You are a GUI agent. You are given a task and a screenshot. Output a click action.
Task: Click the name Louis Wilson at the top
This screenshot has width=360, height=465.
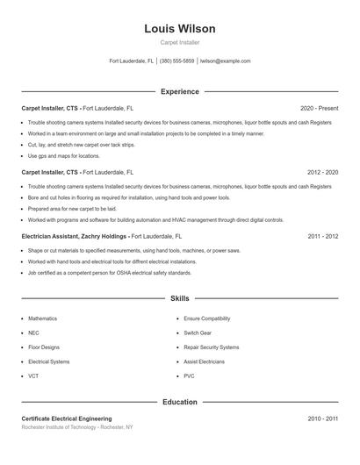(180, 29)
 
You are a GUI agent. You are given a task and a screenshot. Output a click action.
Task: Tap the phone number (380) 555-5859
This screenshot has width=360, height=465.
(177, 61)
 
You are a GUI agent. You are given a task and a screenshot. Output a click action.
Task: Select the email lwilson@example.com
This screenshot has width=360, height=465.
(225, 61)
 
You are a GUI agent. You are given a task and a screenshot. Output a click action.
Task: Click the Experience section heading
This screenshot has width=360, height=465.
(180, 91)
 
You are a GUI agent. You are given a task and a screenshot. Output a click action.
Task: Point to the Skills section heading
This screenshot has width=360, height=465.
(180, 299)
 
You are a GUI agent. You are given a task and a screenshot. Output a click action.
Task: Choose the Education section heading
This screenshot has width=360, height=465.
(180, 402)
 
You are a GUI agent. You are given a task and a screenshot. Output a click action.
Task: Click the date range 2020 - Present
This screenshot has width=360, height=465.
(319, 108)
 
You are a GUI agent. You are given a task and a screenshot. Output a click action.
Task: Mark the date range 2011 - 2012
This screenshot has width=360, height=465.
(323, 237)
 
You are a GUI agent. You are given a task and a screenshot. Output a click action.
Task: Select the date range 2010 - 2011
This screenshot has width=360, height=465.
(323, 419)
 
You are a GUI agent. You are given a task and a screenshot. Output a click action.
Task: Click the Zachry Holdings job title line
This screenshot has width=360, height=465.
(102, 237)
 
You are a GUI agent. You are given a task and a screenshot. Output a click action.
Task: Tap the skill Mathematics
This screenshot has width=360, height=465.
(42, 318)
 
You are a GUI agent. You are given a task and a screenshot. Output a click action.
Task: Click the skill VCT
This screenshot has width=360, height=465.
(33, 376)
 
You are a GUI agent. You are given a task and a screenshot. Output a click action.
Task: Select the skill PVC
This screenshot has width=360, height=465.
(189, 376)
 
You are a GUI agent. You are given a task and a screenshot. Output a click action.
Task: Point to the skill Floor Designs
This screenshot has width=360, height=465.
(44, 347)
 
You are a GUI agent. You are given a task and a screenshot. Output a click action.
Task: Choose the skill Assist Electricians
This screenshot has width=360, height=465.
(204, 361)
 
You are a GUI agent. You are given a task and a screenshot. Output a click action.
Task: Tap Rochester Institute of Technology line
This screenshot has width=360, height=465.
(77, 427)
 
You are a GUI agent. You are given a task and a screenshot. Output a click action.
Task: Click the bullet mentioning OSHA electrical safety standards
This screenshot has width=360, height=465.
(110, 273)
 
